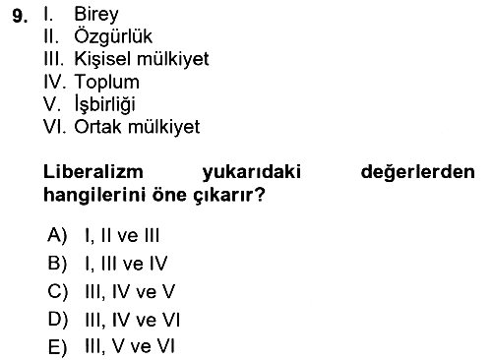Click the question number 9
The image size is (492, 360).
point(20,16)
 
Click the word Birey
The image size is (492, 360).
point(96,15)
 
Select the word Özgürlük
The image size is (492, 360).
point(113,35)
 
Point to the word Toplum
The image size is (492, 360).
point(107,82)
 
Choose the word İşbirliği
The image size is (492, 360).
point(105,104)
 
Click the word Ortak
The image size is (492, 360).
point(98,127)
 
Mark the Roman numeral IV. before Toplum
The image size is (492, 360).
point(55,82)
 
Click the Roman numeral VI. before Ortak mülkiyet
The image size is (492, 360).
point(55,127)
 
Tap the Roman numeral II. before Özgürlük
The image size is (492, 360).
point(51,36)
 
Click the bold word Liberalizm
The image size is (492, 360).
point(93,172)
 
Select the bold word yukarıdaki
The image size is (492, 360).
point(252,172)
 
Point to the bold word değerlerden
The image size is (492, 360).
point(417,172)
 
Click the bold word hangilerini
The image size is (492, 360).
point(95,195)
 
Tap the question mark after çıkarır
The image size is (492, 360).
point(260,195)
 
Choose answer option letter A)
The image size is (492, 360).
point(57,235)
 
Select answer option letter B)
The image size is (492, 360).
point(57,264)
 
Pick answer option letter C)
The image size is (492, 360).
point(58,291)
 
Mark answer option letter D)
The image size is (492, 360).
point(58,320)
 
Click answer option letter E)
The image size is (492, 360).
point(57,347)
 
